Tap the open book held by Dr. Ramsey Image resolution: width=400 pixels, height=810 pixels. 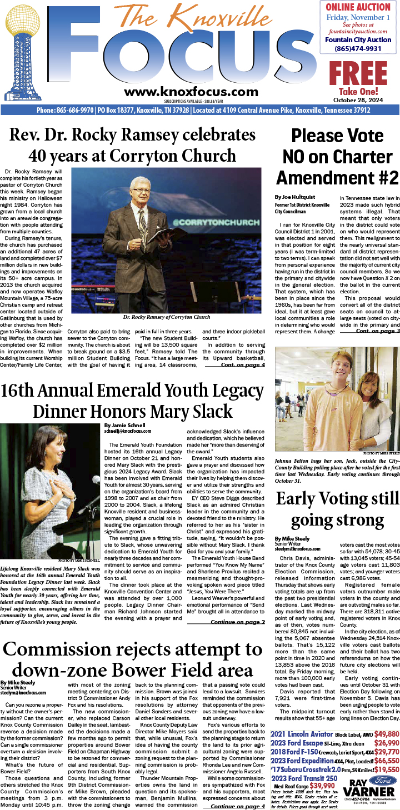click(x=167, y=236)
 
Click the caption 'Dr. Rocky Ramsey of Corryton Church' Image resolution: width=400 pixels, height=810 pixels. click(x=166, y=317)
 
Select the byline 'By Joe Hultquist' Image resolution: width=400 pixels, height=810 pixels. click(x=294, y=197)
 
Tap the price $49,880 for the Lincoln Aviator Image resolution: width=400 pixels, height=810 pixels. click(x=382, y=734)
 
